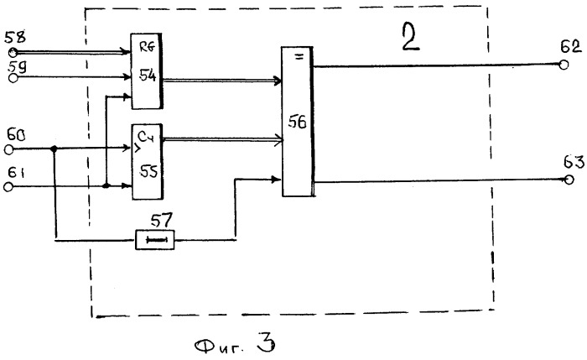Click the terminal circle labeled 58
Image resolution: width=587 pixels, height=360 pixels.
[13, 52]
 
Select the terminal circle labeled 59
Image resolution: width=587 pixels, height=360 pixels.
[13, 78]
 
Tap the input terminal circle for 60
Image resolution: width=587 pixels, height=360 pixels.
[9, 150]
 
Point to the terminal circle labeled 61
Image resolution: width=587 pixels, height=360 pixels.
[8, 186]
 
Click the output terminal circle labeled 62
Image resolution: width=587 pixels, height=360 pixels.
[564, 65]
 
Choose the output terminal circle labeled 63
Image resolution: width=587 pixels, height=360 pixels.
[569, 180]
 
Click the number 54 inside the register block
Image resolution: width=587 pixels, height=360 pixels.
[147, 76]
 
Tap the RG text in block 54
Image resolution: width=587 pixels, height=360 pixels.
[147, 47]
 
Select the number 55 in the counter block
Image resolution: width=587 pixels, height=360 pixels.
[148, 171]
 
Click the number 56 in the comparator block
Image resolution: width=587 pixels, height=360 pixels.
[297, 123]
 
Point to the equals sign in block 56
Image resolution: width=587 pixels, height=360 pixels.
[299, 57]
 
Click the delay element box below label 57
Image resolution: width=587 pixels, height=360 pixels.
[154, 240]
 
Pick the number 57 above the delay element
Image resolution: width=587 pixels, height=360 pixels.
[161, 221]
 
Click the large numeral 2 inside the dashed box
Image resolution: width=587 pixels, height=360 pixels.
[411, 36]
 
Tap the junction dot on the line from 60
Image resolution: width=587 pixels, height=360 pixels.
[54, 149]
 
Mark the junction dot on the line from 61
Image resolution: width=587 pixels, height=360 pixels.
[106, 185]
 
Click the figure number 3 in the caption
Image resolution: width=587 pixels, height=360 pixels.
[266, 342]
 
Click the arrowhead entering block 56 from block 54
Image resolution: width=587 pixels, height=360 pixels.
[278, 81]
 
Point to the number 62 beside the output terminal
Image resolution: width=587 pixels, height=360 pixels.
[571, 47]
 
